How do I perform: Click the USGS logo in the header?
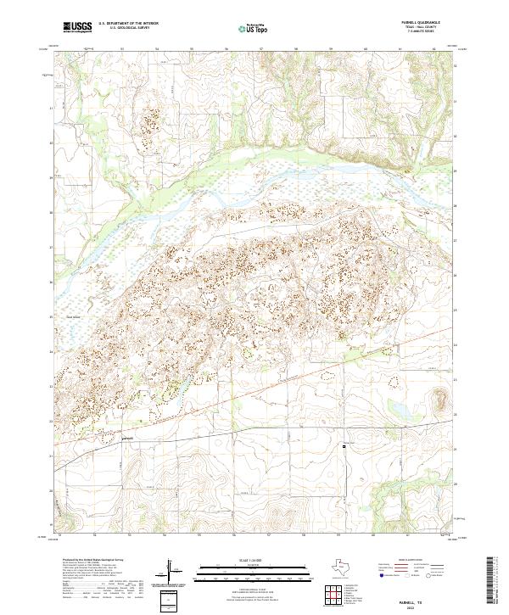tap(77, 28)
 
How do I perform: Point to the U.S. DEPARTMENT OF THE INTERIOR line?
tap(128, 25)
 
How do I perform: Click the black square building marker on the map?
tap(344, 445)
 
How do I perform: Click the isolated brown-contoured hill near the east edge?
tap(440, 399)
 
